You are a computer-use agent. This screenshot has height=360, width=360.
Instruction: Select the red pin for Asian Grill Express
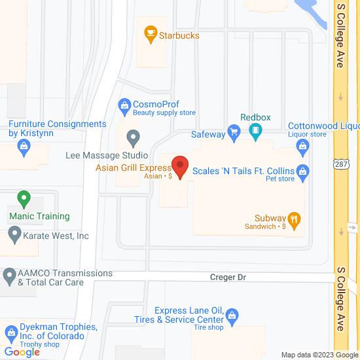point(179,165)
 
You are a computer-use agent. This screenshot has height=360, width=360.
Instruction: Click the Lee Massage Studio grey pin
point(134,139)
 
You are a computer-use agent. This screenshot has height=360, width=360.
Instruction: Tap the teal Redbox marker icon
point(255,134)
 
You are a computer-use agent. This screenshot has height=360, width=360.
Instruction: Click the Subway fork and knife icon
point(295,222)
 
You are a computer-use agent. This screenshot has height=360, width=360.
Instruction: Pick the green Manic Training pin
point(24,198)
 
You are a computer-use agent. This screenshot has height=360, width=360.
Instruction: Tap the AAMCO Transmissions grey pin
point(9,278)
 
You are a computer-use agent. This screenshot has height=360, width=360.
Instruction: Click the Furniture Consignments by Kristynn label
point(57,128)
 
